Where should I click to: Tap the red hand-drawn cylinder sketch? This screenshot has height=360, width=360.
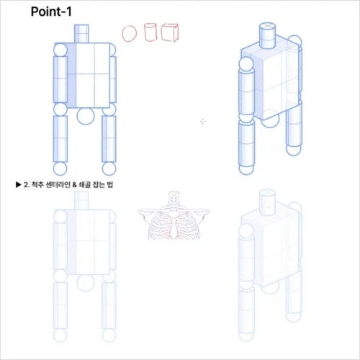151,33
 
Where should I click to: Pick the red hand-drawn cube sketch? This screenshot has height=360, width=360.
170,33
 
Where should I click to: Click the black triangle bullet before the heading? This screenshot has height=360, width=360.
18,185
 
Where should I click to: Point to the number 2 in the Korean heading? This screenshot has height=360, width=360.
25,185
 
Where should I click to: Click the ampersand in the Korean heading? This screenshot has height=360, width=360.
77,185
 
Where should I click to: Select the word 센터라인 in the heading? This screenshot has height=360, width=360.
60,185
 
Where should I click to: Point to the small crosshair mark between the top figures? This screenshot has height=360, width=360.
202,122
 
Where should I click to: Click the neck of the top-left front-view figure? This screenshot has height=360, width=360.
82,33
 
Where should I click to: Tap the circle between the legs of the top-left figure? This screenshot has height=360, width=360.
84,117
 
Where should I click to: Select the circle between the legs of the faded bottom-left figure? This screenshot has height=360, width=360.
84,282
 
